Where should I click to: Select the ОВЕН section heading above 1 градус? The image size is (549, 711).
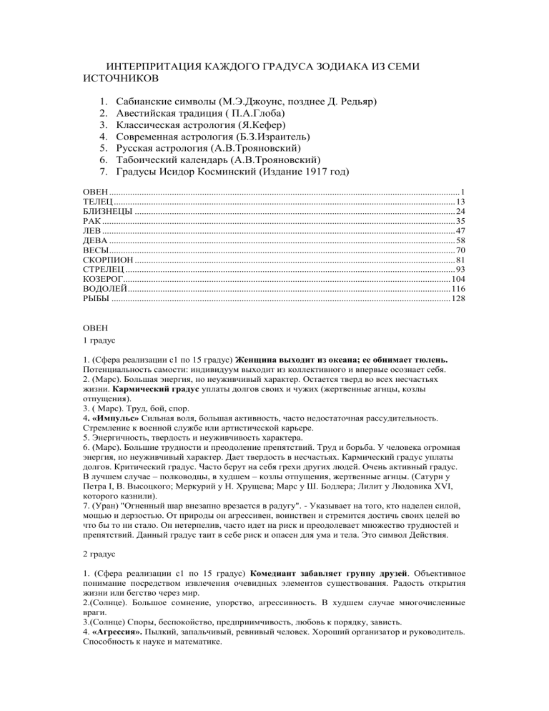coord(97,327)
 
